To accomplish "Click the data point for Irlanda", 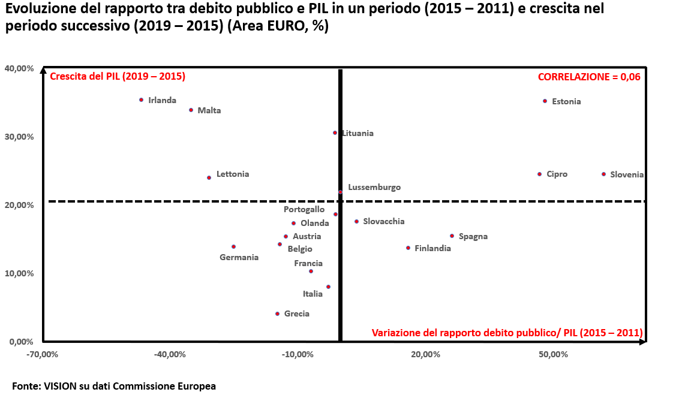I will tap(141, 99).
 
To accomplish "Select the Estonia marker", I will tap(545, 101).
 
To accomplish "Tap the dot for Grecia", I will tap(277, 313).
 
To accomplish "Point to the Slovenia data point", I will tap(603, 174).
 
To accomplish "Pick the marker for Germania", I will tap(233, 246).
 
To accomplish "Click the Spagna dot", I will tap(452, 236).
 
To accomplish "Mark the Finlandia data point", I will tap(408, 248).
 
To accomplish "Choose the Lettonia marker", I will tap(209, 177).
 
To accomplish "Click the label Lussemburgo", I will tap(374, 187).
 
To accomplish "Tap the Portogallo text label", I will tap(304, 209).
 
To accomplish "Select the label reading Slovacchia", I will tap(384, 221).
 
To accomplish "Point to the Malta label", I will tap(209, 110).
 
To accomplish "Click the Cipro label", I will tap(557, 174).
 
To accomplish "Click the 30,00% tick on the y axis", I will tap(19, 137).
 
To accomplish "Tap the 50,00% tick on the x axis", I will tap(554, 354).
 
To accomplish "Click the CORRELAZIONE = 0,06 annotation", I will tap(589, 77).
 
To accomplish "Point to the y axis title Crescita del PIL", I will tap(118, 77).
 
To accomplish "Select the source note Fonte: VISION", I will tap(114, 386).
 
